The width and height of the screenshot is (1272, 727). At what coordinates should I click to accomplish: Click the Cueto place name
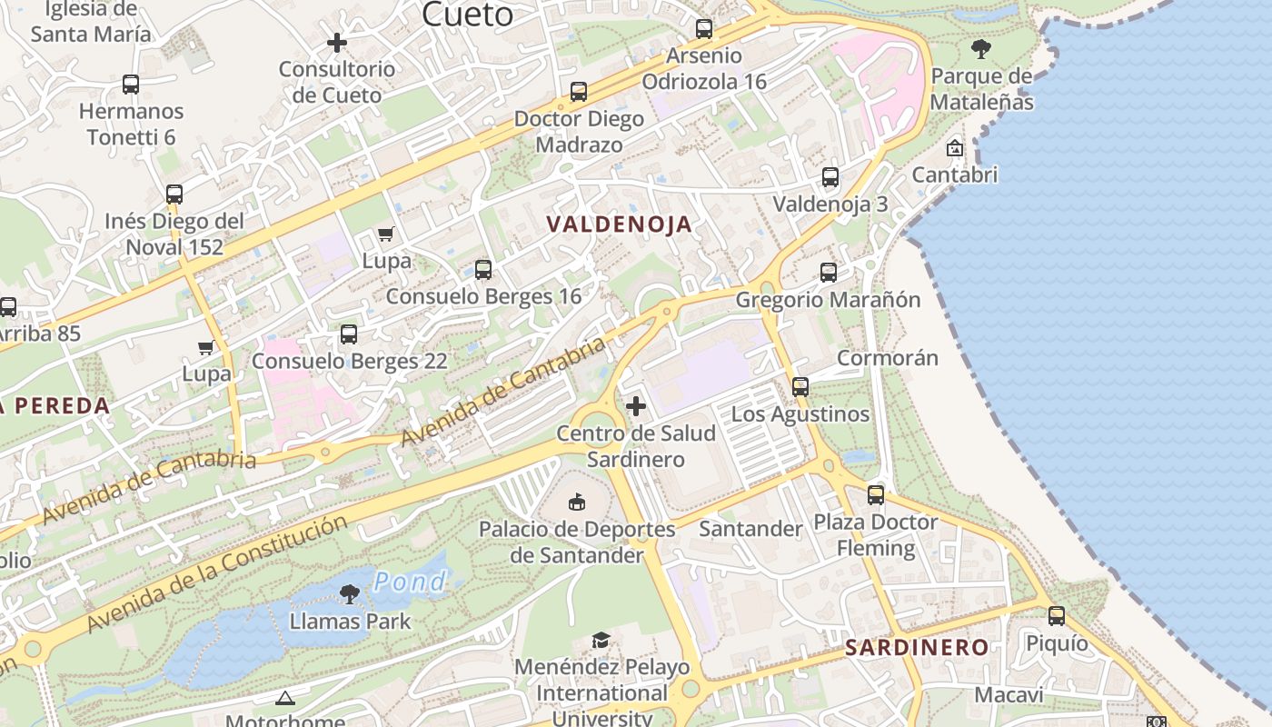(x=468, y=14)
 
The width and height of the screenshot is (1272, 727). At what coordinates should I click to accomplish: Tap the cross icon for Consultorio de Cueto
(x=337, y=43)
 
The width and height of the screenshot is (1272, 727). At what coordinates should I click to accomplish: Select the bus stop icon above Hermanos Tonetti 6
(x=131, y=85)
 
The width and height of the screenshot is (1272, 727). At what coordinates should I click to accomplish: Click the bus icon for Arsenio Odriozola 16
(x=704, y=28)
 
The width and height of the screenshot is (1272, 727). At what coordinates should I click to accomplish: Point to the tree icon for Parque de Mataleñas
(x=980, y=48)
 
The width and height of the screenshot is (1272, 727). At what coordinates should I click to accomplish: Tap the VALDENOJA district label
(x=619, y=224)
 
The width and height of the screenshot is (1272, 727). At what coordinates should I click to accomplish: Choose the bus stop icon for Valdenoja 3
(x=830, y=176)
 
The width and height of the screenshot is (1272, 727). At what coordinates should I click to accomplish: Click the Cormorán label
(x=887, y=357)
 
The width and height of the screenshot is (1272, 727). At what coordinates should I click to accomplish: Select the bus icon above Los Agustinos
(x=800, y=386)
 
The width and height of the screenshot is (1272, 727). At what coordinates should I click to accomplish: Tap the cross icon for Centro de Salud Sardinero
(x=636, y=405)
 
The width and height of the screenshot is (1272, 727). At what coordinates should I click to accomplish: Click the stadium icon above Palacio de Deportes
(x=577, y=501)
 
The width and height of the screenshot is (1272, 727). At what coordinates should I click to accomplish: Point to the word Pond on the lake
(x=410, y=582)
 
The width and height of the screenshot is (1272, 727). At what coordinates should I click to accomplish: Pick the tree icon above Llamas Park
(x=349, y=594)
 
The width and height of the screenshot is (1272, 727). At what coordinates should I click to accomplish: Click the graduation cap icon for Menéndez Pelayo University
(x=601, y=641)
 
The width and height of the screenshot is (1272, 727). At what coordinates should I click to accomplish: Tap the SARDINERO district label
(x=916, y=648)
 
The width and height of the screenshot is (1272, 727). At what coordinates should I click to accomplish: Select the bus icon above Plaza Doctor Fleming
(x=876, y=494)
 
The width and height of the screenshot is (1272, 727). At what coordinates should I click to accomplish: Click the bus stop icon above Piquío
(x=1057, y=615)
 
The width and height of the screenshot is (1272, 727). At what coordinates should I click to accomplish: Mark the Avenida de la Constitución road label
(x=218, y=573)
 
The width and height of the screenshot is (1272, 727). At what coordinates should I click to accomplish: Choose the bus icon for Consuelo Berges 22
(x=349, y=334)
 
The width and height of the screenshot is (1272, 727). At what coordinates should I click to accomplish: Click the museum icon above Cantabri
(x=955, y=147)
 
